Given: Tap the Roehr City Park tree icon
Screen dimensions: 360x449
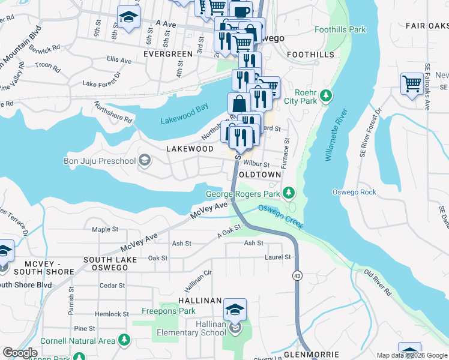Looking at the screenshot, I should click(326, 95).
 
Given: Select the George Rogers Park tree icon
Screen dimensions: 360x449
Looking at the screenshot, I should click(289, 193).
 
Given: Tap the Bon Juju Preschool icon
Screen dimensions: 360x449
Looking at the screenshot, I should click(145, 160).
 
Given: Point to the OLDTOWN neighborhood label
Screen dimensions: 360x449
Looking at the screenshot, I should click(259, 175).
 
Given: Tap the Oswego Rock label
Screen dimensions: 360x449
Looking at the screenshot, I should click(355, 192).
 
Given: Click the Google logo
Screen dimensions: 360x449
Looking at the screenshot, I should click(20, 353).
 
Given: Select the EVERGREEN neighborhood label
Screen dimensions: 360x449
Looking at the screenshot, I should click(168, 54).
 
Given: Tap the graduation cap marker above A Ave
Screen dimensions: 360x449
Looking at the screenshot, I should click(128, 17).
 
